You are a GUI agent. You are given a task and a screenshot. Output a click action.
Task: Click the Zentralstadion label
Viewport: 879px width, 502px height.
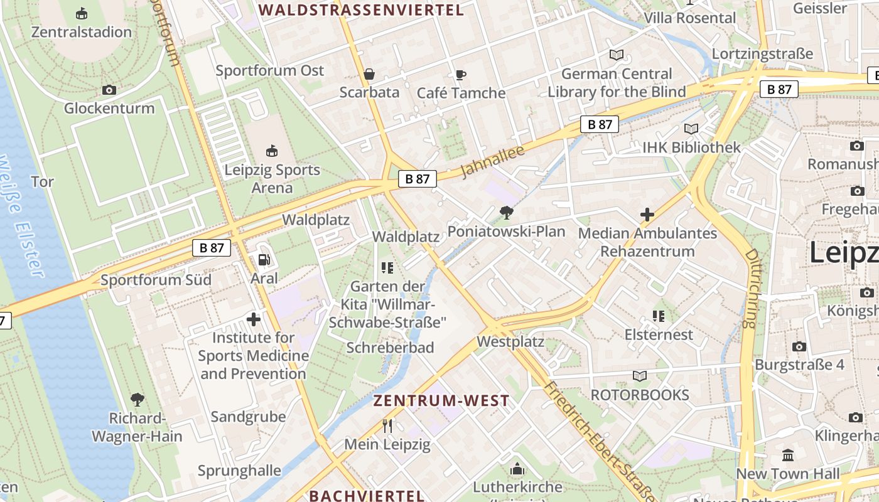82,32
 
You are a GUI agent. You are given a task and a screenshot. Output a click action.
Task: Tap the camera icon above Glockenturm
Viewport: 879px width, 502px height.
109,90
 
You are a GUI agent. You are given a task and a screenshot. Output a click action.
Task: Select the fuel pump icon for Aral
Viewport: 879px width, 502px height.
264,260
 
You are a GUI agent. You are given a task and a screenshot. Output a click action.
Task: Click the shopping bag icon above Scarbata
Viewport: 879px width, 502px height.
369,74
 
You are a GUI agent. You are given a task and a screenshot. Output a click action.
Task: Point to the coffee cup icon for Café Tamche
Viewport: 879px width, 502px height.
461,75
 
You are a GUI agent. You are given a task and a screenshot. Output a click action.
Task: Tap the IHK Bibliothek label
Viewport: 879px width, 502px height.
691,147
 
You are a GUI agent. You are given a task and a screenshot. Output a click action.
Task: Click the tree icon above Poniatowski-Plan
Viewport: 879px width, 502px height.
506,213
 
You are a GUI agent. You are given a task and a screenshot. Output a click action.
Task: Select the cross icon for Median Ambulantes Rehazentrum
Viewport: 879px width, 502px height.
647,215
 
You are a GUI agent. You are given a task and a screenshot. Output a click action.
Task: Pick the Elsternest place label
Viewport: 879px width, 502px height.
659,334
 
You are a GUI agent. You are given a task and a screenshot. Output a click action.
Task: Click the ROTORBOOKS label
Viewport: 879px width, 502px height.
640,395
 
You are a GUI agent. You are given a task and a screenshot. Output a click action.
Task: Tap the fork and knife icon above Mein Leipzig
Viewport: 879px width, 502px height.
387,426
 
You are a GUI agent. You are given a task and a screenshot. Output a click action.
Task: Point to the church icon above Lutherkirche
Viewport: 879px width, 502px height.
517,469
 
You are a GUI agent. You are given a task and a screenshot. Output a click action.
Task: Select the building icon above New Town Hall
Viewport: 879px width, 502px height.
787,455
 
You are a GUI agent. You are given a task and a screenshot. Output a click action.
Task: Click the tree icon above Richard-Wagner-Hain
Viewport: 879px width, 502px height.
137,399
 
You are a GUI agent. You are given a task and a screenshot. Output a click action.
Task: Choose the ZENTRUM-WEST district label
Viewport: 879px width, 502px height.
441,400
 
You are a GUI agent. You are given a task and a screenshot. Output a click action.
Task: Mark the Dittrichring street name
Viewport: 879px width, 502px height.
751,289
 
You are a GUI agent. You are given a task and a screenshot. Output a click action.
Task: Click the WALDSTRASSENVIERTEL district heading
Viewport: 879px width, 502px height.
361,10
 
